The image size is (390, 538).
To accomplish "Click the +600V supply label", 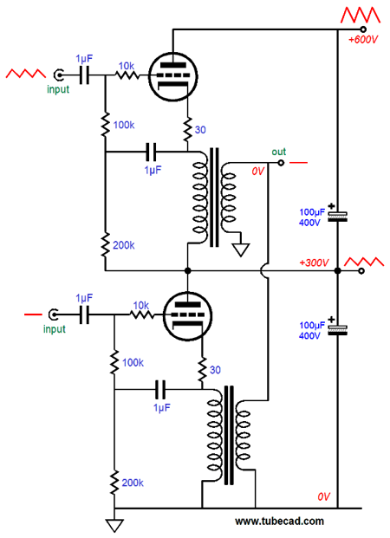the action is coord(363,40).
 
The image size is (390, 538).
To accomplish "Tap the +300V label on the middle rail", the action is coord(314,263).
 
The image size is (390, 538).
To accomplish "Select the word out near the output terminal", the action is coord(279,152).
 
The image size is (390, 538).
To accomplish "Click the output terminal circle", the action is coord(281,163).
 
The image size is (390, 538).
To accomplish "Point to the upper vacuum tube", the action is coord(173,76).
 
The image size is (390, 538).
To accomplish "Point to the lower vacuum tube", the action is coord(187,315).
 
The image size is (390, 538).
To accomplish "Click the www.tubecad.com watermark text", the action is coord(279,522).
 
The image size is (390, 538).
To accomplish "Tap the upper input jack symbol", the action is coord(59,75).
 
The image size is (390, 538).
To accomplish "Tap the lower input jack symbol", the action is coord(53,314).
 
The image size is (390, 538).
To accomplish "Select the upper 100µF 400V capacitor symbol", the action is coord(337,217).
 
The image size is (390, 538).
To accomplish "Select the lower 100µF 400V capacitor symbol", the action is coord(337,329).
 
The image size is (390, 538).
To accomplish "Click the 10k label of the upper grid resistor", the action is coord(127,66).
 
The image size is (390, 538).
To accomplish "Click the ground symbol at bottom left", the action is coord(114,525).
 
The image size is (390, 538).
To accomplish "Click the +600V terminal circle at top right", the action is coord(363,29).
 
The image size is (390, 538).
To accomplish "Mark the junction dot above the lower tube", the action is coord(187,270).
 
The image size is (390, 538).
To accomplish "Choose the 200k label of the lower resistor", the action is coord(133,483).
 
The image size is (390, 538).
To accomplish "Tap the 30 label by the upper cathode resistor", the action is coord(200,130).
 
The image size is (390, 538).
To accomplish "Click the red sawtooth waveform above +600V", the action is coord(361,15).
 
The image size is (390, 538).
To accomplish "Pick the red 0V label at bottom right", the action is coord(324,496).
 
